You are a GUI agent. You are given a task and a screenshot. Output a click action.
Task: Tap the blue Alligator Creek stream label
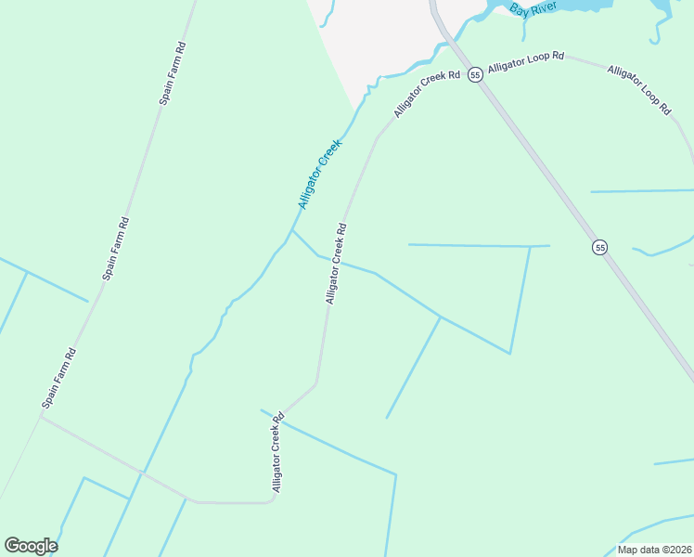tap(320, 173)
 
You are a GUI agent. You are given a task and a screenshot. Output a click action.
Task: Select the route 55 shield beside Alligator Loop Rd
tap(474, 74)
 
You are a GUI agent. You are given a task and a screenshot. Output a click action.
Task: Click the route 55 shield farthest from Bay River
tap(600, 247)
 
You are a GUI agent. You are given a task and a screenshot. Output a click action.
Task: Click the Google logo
tap(30, 546)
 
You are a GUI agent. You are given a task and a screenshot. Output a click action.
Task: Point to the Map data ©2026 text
tap(653, 550)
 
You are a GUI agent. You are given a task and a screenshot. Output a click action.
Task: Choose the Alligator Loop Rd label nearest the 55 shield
tap(526, 62)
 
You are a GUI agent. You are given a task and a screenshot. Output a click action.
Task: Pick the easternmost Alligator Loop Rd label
tap(639, 89)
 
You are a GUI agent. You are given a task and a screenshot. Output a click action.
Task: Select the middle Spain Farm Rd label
tap(116, 248)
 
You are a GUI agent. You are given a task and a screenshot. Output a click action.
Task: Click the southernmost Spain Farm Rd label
tap(58, 378)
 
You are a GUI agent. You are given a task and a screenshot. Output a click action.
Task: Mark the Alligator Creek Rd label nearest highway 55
tap(427, 94)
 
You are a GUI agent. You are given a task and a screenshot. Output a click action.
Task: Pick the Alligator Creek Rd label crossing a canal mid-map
tap(336, 264)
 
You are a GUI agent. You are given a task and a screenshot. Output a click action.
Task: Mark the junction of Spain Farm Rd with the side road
tap(40, 416)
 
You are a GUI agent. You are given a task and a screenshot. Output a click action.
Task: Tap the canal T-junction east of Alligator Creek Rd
tap(441, 317)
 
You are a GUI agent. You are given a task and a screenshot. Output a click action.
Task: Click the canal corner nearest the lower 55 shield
tap(530, 247)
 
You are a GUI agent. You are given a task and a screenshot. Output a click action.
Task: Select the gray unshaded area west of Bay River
tap(371, 32)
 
